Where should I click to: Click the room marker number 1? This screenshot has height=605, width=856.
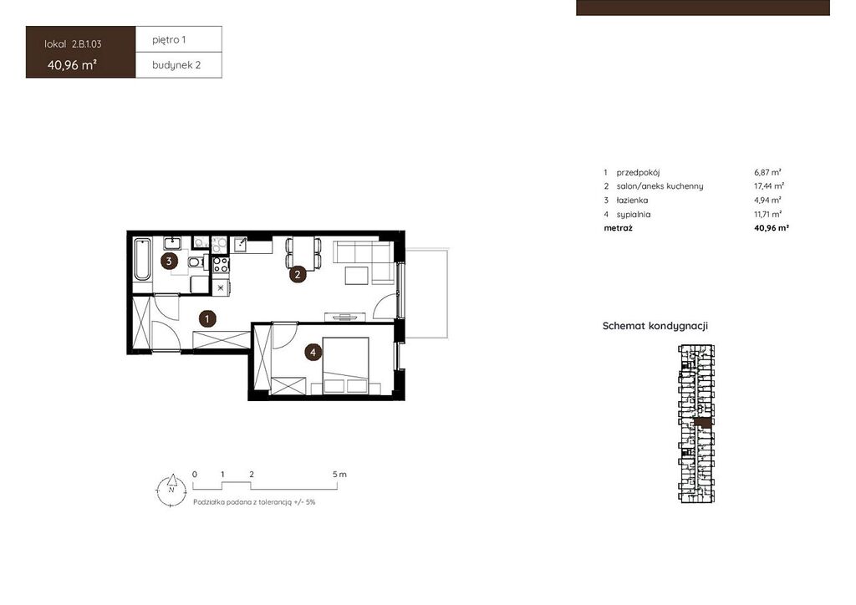(x=207, y=318)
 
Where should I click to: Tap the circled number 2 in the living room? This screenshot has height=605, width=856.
(x=298, y=274)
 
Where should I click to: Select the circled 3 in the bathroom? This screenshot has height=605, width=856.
(x=169, y=262)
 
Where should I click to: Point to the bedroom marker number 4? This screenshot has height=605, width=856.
(x=313, y=353)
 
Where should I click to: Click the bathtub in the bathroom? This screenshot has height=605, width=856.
(x=142, y=259)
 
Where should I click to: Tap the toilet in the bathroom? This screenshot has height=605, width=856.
(x=196, y=263)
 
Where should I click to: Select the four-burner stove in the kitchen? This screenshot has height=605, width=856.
(x=221, y=265)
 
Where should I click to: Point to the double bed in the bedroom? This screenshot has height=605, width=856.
(x=345, y=365)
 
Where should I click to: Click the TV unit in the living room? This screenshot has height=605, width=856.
(x=344, y=317)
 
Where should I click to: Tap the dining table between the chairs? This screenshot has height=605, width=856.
(x=303, y=253)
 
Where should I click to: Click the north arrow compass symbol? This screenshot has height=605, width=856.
(x=171, y=490)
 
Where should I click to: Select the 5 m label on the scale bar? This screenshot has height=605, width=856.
(x=339, y=475)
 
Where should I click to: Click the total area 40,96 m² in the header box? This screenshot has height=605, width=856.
(x=72, y=65)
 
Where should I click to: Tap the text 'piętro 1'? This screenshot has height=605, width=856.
(x=169, y=40)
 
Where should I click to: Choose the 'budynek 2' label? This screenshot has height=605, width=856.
(x=176, y=65)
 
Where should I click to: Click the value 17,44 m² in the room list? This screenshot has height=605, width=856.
(x=769, y=186)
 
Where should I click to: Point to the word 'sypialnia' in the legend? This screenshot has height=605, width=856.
(x=634, y=215)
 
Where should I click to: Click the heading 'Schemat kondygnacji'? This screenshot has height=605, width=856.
(x=655, y=326)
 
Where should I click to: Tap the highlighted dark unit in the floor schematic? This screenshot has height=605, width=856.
(x=703, y=423)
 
